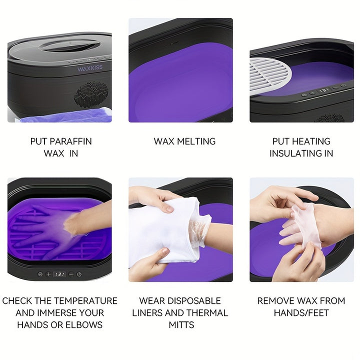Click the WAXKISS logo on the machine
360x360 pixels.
[x=90, y=68]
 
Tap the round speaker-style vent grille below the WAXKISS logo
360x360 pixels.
[x=91, y=94]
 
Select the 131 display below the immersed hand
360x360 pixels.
[x=59, y=274]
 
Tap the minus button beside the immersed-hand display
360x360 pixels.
[x=71, y=274]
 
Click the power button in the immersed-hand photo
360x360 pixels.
[x=79, y=274]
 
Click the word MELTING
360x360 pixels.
[x=196, y=141]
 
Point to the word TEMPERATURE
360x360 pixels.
[x=86, y=301]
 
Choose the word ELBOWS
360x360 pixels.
[x=84, y=324]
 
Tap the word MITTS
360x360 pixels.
[x=181, y=324]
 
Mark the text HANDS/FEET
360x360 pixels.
[x=301, y=312]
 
